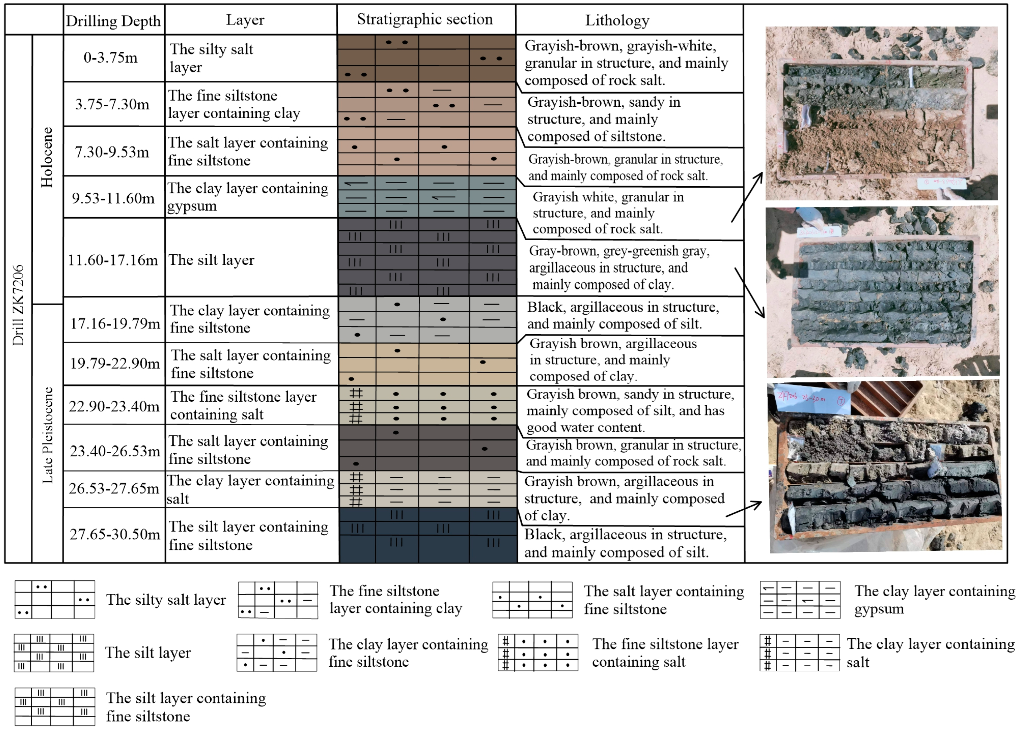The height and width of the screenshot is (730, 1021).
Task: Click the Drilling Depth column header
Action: click(x=113, y=21)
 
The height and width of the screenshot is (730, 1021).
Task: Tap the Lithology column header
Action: click(x=617, y=20)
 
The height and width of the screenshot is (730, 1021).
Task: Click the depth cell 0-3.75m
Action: click(x=111, y=57)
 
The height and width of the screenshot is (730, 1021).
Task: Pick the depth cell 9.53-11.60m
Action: click(x=113, y=198)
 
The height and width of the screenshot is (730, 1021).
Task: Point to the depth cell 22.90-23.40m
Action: click(x=114, y=406)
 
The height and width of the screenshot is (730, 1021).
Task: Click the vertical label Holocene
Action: click(x=47, y=157)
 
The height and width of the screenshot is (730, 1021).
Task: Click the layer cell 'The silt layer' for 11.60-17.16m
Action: click(x=211, y=260)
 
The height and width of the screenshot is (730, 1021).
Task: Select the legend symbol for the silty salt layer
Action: click(x=55, y=600)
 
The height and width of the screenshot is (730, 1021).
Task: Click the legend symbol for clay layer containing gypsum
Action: click(x=800, y=600)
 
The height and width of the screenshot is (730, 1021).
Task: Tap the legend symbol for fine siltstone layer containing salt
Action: click(x=538, y=653)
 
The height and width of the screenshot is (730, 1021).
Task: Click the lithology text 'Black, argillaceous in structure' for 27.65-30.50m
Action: click(x=626, y=543)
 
